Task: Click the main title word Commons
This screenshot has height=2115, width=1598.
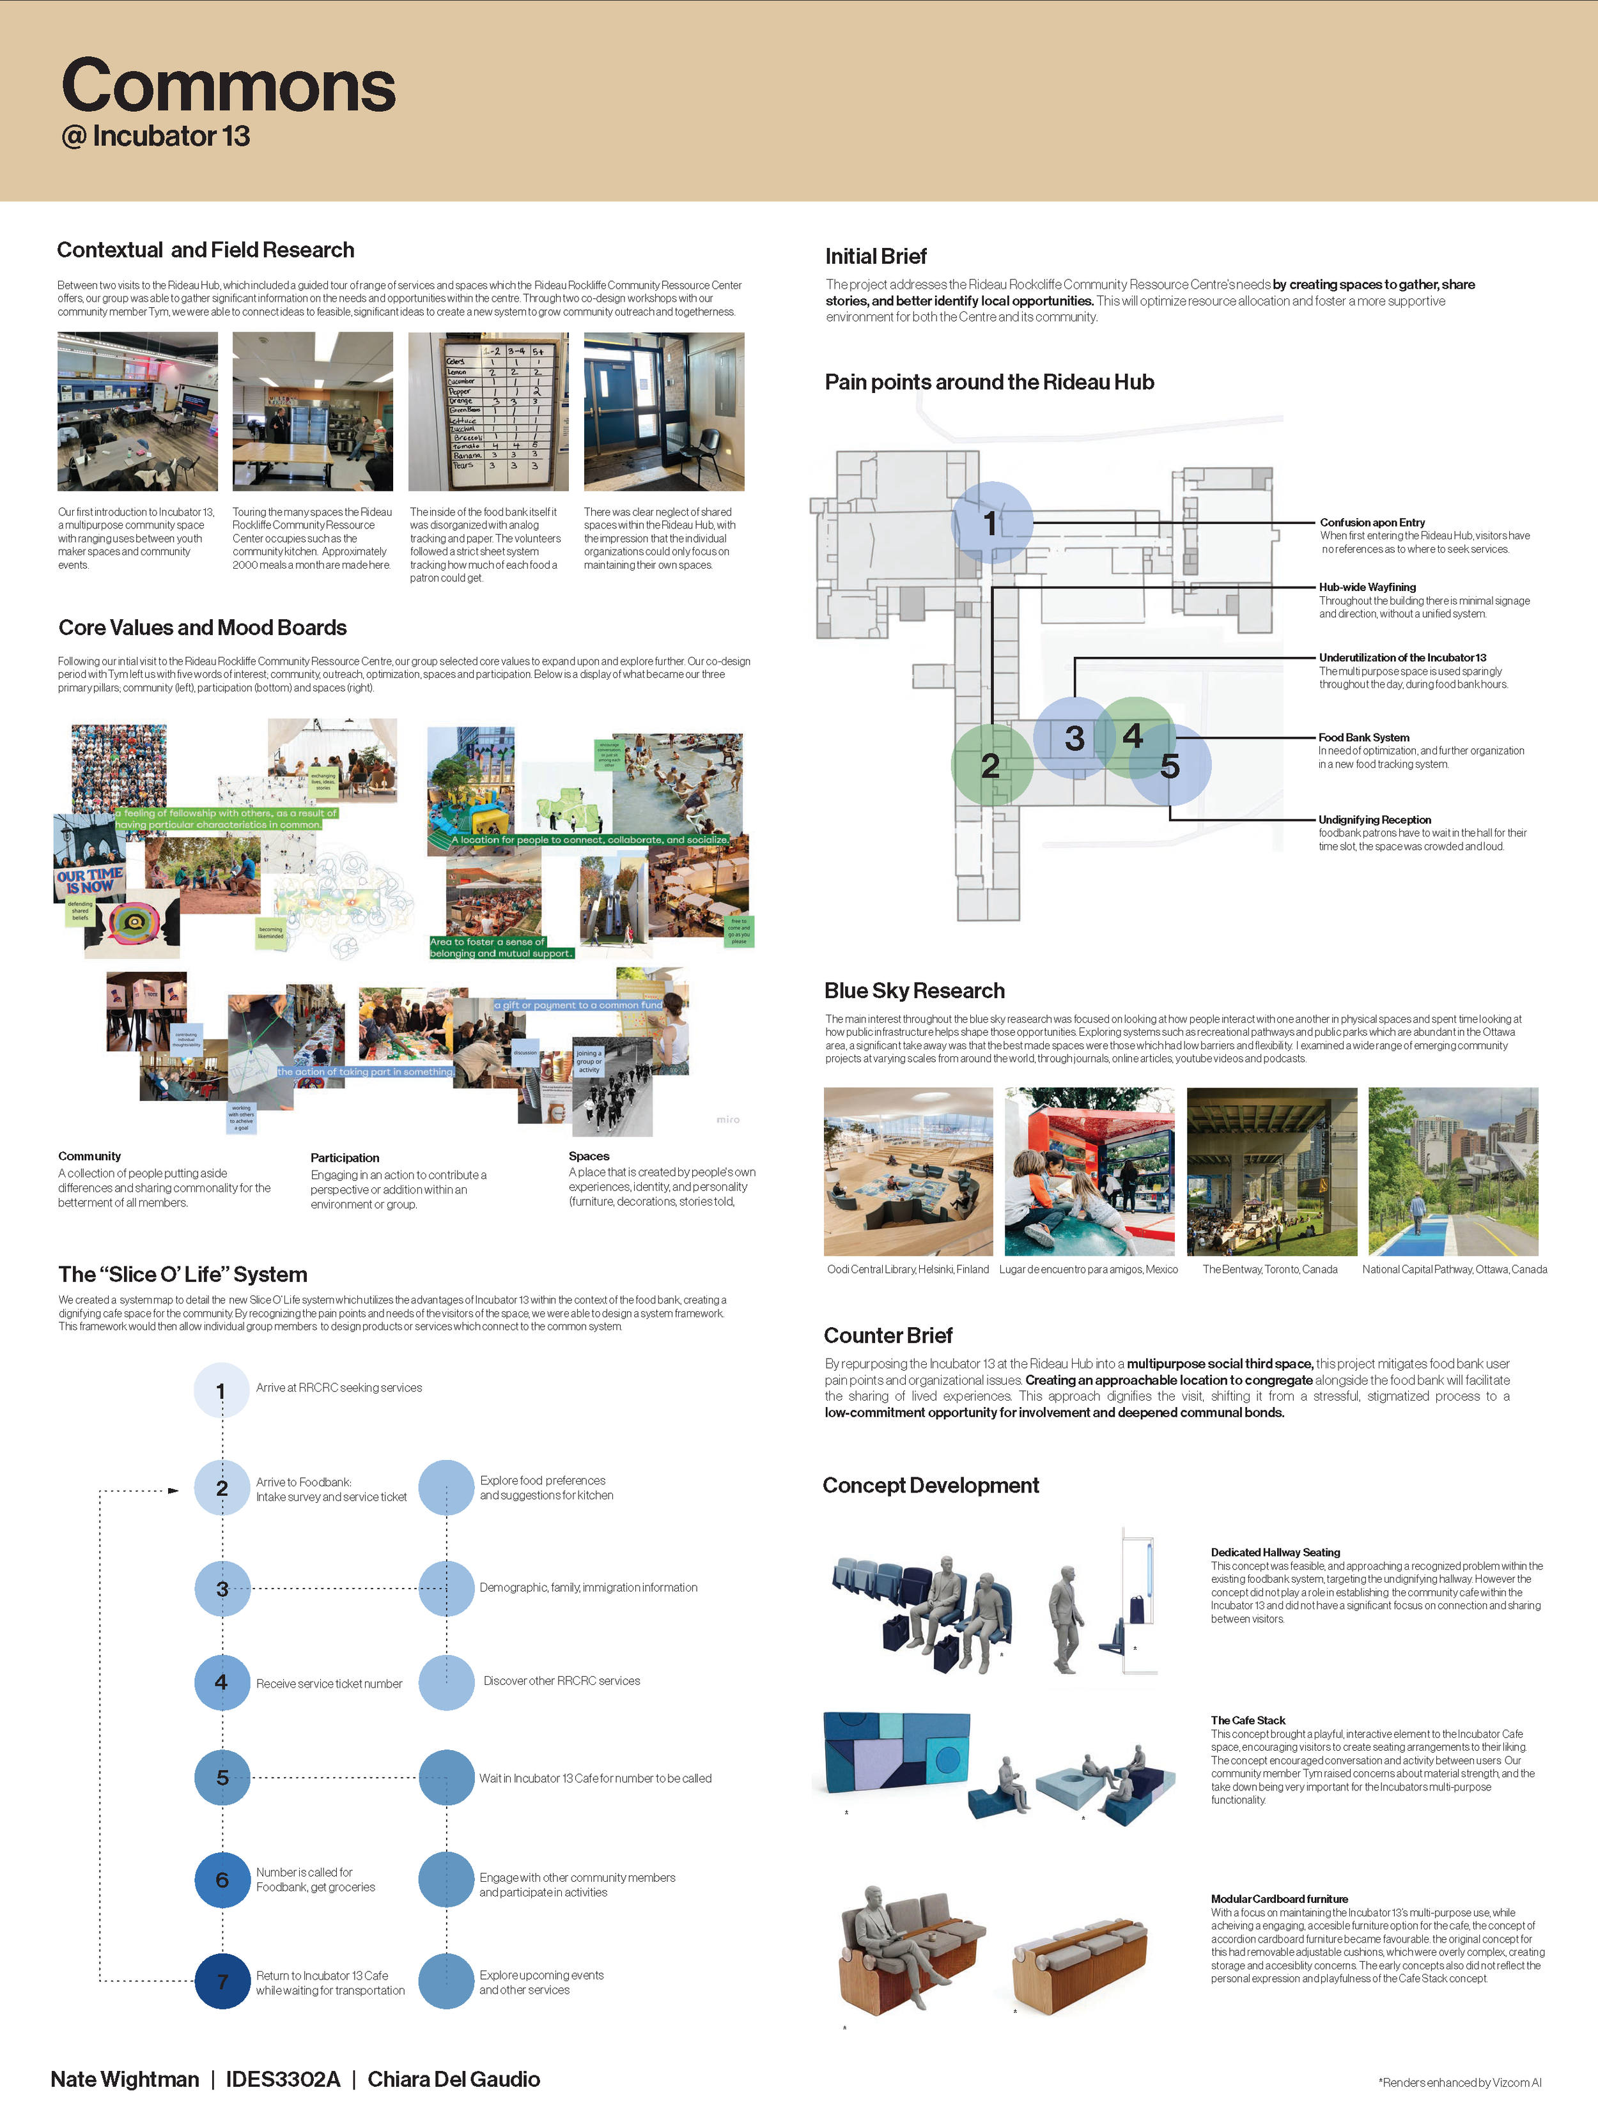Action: click(x=229, y=87)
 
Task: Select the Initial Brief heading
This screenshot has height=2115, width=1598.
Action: click(x=875, y=256)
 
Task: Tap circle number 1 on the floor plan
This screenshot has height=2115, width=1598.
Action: click(x=991, y=522)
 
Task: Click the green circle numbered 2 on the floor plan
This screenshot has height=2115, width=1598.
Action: click(x=991, y=765)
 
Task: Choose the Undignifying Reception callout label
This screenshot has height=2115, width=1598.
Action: click(x=1374, y=819)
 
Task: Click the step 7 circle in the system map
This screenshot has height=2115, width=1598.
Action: click(x=222, y=1981)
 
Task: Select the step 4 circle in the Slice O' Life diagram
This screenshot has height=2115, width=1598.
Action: click(x=222, y=1682)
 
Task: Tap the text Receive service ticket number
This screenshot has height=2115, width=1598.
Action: click(x=329, y=1684)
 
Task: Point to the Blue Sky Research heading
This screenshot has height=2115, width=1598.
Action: click(x=914, y=990)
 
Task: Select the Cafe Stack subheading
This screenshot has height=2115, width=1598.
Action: click(x=1247, y=1720)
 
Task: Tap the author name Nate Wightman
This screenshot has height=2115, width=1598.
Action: click(x=124, y=2080)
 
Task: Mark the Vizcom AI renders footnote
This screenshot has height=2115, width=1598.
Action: click(x=1459, y=2082)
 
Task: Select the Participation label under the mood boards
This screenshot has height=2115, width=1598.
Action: click(x=345, y=1158)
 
